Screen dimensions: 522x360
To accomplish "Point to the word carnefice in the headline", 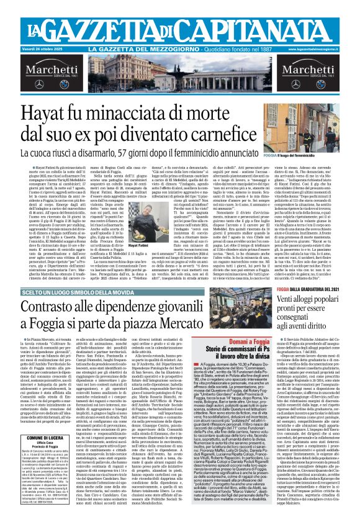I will pos(264,135).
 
